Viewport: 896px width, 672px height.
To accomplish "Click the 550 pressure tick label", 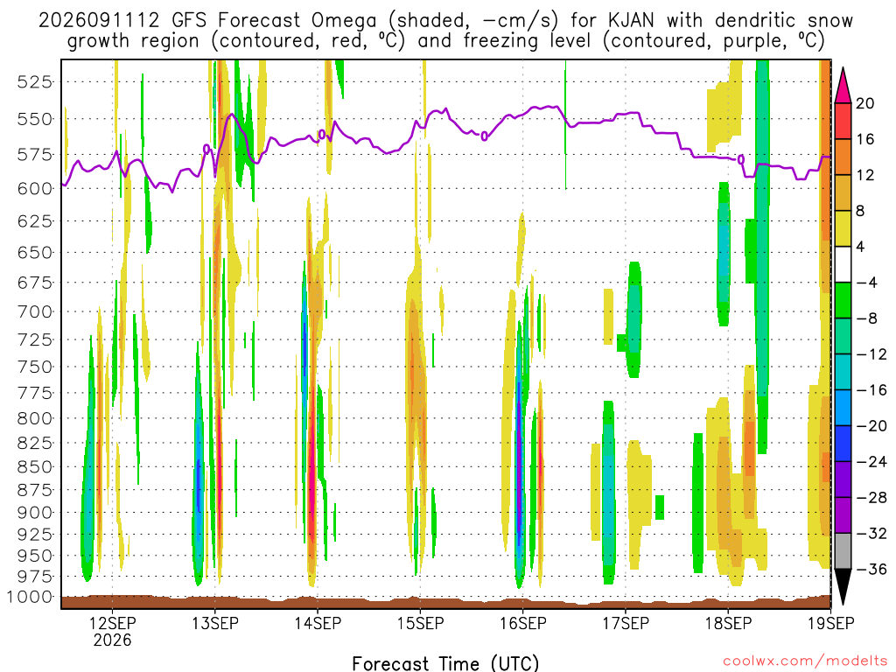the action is (x=35, y=119).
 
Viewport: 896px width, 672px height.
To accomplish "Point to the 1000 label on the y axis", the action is (x=29, y=598).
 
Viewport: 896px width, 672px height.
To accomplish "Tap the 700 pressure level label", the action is (x=35, y=312).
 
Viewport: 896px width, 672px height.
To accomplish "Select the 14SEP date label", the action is (x=318, y=623).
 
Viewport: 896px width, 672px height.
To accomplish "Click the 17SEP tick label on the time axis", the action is (x=626, y=623).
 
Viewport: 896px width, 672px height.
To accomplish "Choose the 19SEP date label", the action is (x=831, y=623).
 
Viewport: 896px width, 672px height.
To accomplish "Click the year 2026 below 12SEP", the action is (x=112, y=640).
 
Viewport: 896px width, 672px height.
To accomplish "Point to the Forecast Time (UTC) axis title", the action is (x=445, y=663).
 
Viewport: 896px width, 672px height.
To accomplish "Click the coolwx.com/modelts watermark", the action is (x=805, y=661).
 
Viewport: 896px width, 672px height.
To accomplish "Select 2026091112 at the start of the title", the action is (x=99, y=21).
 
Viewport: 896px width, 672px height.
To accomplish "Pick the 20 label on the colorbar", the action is (x=864, y=103).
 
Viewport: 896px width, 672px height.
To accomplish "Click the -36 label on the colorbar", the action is (x=871, y=569).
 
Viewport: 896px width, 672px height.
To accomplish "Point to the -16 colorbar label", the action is (x=871, y=390).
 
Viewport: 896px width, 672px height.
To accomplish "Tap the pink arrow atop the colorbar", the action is (x=843, y=86).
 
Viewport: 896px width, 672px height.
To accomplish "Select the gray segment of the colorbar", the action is (x=843, y=551).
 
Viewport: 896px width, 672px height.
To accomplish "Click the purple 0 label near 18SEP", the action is (x=741, y=159).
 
